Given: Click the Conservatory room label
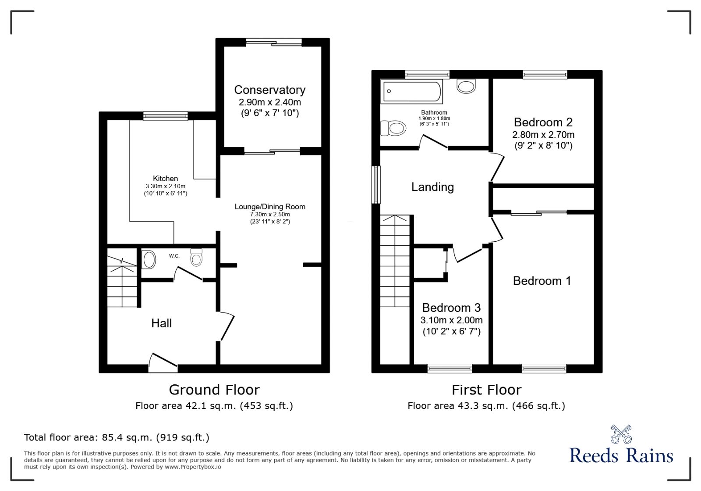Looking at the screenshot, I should coord(269,90).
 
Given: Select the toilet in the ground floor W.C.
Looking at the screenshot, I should coord(196,258).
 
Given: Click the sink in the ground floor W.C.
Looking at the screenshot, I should coord(149,260).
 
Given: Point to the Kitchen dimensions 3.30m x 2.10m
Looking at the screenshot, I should coord(165,186).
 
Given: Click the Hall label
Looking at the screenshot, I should coord(161,323).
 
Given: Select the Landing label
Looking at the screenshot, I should coord(432,187).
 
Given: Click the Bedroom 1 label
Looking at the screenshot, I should coord(542,281).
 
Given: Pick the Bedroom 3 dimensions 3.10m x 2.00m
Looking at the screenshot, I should coord(451,320).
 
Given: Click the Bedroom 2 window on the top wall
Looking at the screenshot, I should coord(545,75).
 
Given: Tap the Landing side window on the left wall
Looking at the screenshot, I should coord(376,184).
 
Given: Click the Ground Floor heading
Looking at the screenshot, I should coord(214,390).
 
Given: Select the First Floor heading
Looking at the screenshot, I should coord(486,390).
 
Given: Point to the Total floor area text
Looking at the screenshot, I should coord(117,437).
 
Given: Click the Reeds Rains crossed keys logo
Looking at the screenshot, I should coord(621,434).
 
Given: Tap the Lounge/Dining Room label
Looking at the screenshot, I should coord(270,207).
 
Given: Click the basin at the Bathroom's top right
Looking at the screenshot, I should coord(466,86).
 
